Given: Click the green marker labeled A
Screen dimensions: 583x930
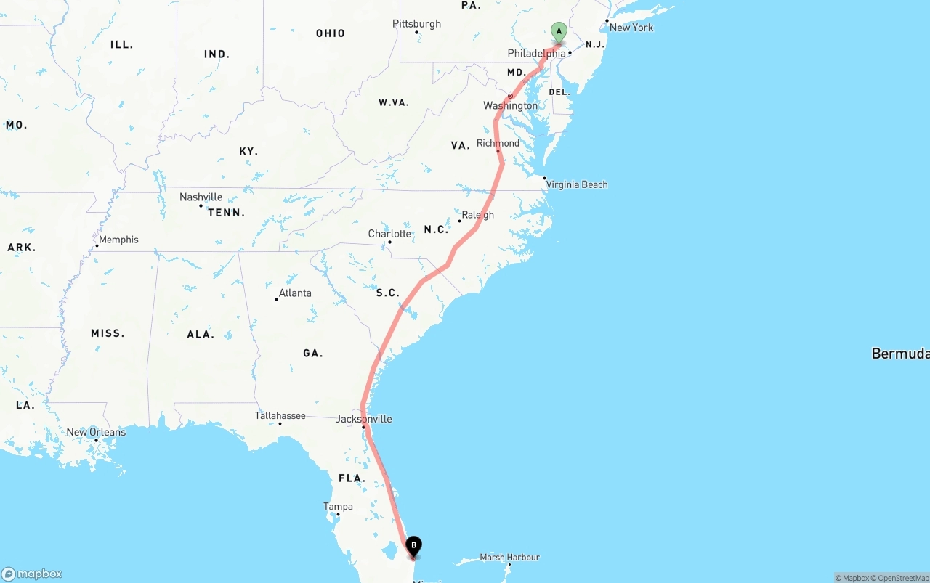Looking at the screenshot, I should click(x=559, y=31).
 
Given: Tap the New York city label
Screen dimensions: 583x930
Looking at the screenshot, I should click(x=631, y=28).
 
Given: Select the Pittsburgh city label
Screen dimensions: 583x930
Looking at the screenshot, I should click(x=416, y=24).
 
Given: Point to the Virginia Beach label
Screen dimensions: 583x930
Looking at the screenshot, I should click(x=577, y=184).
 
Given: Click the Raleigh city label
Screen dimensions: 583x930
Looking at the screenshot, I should click(x=477, y=215).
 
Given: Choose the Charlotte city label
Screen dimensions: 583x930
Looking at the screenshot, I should click(x=389, y=234).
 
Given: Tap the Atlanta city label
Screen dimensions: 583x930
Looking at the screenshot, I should click(x=295, y=293).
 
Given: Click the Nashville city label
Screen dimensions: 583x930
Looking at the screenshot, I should click(x=201, y=197).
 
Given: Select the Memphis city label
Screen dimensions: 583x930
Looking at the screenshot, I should click(x=118, y=240).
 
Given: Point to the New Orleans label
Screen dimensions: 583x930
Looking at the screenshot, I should click(x=96, y=432).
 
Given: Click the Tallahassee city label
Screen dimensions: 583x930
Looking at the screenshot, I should click(x=280, y=416).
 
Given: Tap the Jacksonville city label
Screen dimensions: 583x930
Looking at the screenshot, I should click(x=363, y=419).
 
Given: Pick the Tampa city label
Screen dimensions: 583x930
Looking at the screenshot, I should click(x=339, y=507).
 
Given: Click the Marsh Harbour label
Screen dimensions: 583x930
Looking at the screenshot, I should click(x=509, y=558).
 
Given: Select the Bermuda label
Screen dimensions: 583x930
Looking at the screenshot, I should click(x=900, y=354).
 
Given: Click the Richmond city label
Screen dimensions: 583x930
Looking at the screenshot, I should click(x=498, y=144).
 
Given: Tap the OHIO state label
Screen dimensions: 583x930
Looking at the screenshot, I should click(x=331, y=33).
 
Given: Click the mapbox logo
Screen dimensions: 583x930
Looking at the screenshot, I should click(x=32, y=574).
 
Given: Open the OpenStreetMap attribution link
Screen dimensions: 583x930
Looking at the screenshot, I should click(x=902, y=578).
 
